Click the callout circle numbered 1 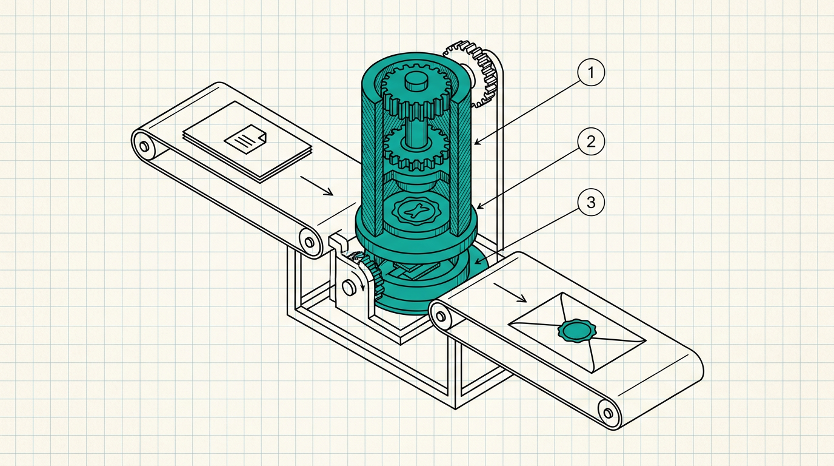click(x=591, y=72)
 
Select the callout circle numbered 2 click(x=591, y=141)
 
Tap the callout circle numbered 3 click(x=591, y=203)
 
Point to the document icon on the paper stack click(x=245, y=140)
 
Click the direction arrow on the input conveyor click(x=317, y=186)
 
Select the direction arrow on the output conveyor click(x=510, y=293)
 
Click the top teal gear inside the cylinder click(x=416, y=92)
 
